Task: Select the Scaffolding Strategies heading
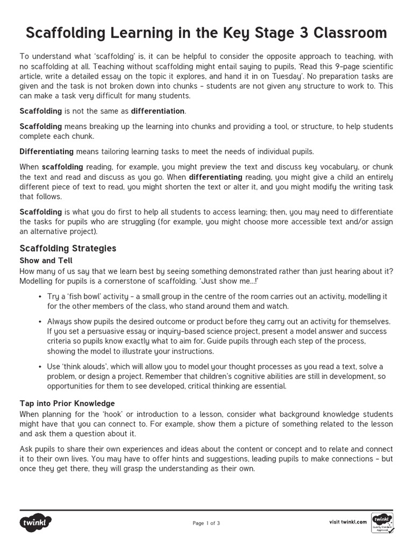pos(68,249)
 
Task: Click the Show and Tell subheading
pos(46,260)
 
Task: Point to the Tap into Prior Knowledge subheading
pos(67,403)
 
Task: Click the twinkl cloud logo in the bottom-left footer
pos(36,522)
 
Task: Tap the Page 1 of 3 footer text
pos(206,523)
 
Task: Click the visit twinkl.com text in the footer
pos(347,522)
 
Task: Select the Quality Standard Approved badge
pos(382,522)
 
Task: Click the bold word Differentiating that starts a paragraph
pos(47,151)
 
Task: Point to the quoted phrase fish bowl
pos(87,297)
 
